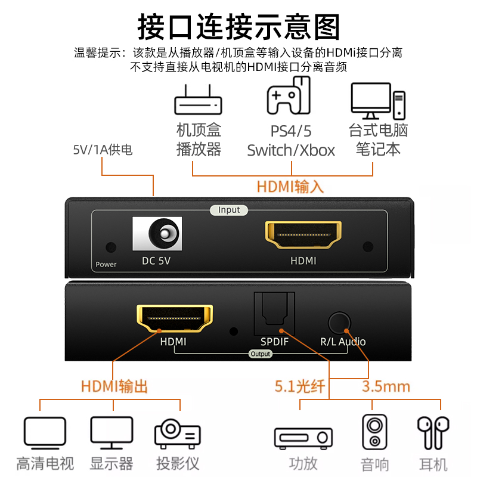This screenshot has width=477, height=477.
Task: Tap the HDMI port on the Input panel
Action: pos(303,235)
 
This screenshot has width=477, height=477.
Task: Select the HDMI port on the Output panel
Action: pos(175,318)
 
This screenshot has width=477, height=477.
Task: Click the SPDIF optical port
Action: pos(274,314)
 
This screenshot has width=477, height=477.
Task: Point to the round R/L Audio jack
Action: pos(339,323)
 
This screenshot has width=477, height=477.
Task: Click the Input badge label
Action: pos(229,210)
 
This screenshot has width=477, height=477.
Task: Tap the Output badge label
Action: pos(260,354)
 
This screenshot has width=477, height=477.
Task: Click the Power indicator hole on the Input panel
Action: pos(111,247)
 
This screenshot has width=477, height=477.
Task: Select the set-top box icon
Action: pos(198,100)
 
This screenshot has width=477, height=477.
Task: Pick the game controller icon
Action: pos(289,95)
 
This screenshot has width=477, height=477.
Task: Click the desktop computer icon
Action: pos(378,101)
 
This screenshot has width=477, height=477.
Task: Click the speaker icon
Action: pos(374,432)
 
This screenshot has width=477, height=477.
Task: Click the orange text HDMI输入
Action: pos(290,187)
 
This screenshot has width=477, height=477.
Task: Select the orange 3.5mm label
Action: pos(386,386)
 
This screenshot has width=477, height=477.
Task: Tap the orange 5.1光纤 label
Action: pos(300,386)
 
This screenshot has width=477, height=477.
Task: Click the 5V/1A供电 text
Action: pos(103,150)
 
